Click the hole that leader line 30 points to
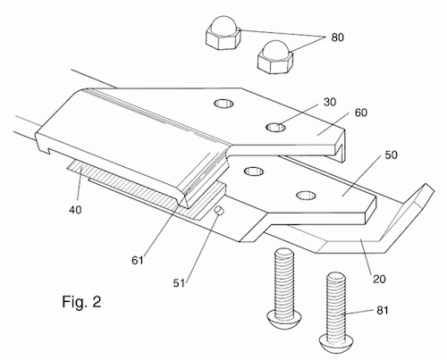coord(280,128)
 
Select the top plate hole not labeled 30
coord(220,105)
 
